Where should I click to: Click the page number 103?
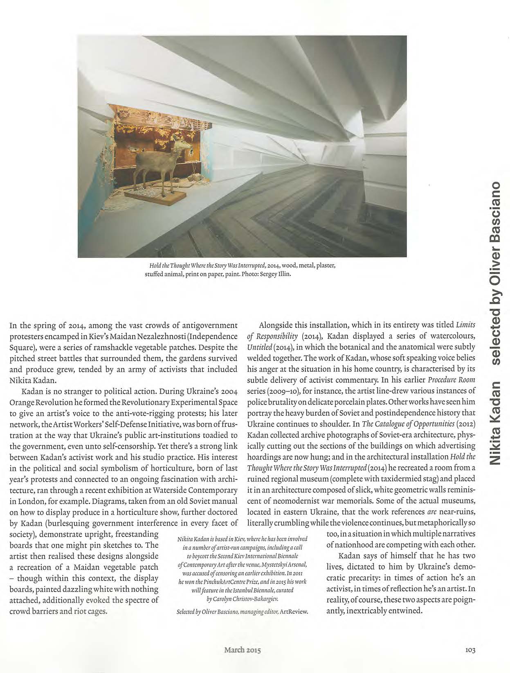(x=470, y=650)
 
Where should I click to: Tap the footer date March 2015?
(x=242, y=650)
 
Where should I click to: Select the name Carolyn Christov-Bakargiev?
(x=244, y=599)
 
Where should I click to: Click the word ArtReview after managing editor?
(x=294, y=612)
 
